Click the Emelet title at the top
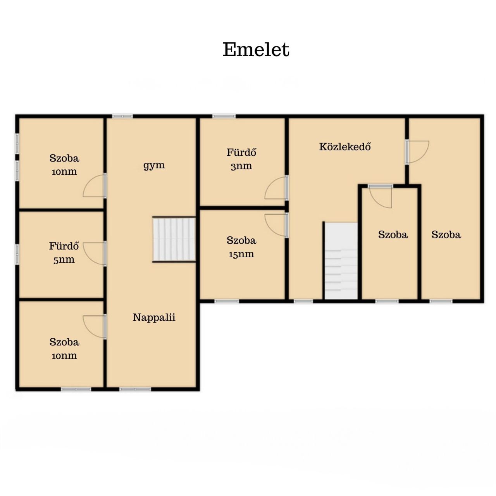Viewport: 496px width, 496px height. [256, 50]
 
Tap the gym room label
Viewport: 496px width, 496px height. [154, 165]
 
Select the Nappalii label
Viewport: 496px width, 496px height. [154, 317]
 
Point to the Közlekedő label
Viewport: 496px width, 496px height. [345, 146]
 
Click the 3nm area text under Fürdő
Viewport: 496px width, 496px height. [241, 166]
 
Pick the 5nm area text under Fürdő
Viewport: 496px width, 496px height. [64, 260]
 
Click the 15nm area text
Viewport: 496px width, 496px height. [241, 254]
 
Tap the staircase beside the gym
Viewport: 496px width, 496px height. [174, 239]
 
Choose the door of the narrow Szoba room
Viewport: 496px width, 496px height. [381, 196]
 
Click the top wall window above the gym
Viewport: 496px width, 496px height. [122, 116]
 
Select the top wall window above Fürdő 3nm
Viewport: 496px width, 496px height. [224, 116]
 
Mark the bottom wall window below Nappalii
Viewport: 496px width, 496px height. [135, 389]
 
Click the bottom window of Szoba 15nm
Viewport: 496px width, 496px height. [227, 301]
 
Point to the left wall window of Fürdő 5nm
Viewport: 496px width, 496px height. [17, 254]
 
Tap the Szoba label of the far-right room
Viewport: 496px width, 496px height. [446, 234]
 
